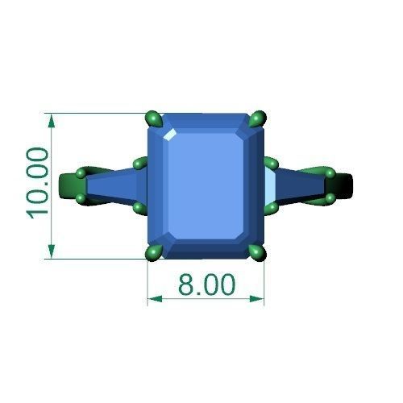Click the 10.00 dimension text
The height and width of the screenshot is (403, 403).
[x=38, y=182]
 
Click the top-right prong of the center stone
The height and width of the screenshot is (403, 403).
[x=258, y=120]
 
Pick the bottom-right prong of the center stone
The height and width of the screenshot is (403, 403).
[x=258, y=252]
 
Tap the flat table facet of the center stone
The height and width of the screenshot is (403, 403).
[x=206, y=185]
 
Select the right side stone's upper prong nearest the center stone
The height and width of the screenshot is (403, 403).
[x=272, y=164]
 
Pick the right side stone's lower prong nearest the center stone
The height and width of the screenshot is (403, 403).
[x=273, y=208]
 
